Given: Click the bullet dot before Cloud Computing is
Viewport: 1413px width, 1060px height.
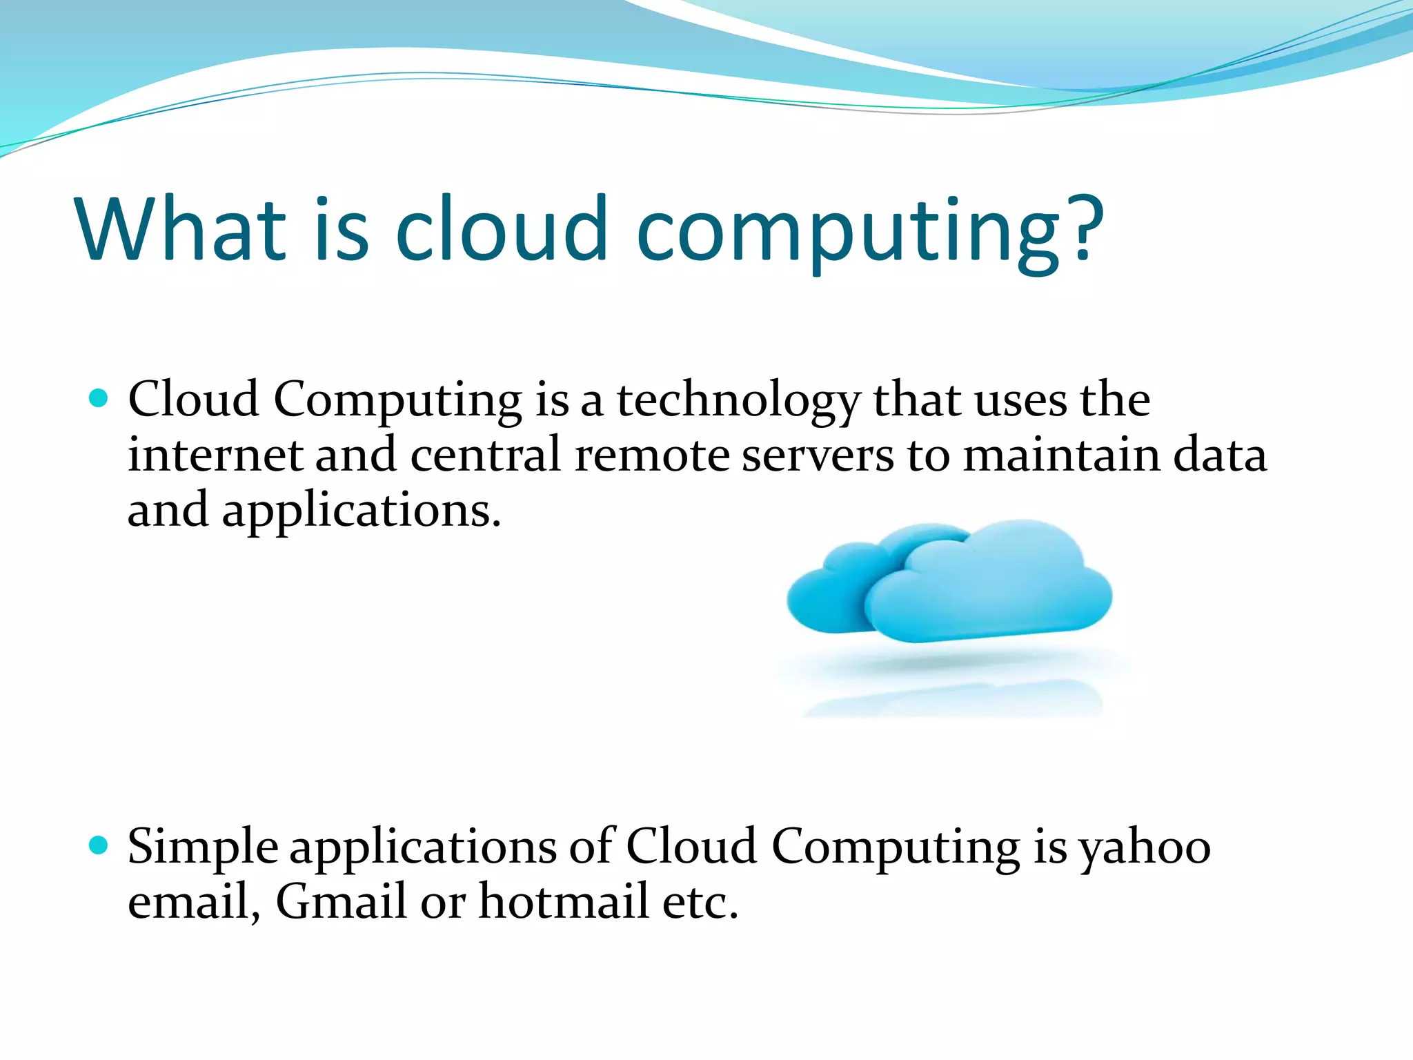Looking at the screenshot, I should pyautogui.click(x=99, y=398).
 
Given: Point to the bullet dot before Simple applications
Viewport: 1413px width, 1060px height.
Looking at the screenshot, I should pyautogui.click(x=99, y=845).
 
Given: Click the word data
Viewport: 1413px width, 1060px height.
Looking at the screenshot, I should pyautogui.click(x=1220, y=455).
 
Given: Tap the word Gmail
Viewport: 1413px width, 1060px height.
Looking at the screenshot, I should pyautogui.click(x=341, y=901).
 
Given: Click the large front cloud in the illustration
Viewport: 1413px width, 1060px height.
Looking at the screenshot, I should pyautogui.click(x=994, y=587).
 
